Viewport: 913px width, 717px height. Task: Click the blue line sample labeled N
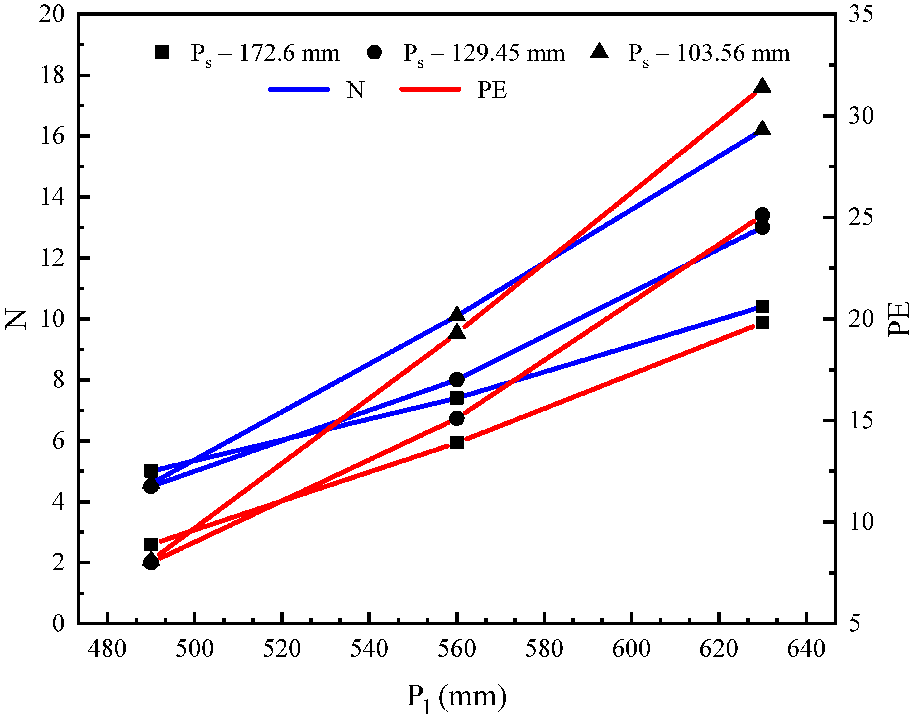tap(299, 89)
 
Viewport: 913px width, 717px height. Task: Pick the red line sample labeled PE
tap(430, 89)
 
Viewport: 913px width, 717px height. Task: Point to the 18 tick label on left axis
tap(52, 76)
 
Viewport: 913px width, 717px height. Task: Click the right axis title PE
tap(899, 319)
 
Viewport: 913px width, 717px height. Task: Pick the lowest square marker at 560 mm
tap(457, 443)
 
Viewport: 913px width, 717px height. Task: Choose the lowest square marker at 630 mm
tap(762, 323)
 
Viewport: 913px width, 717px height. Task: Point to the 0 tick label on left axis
tap(59, 623)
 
